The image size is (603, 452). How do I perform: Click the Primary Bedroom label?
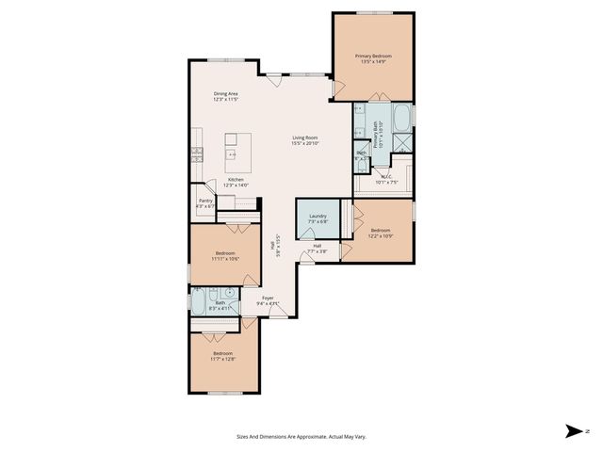373,56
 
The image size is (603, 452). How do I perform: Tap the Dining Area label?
225,94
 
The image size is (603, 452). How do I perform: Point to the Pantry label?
205,200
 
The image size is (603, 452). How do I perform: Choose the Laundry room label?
317,217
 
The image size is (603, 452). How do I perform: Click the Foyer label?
268,298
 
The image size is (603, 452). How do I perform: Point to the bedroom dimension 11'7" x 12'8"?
223,359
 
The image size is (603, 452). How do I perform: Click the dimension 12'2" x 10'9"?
381,235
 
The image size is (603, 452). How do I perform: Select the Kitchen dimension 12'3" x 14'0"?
236,185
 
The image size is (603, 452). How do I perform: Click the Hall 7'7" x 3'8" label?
317,249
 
